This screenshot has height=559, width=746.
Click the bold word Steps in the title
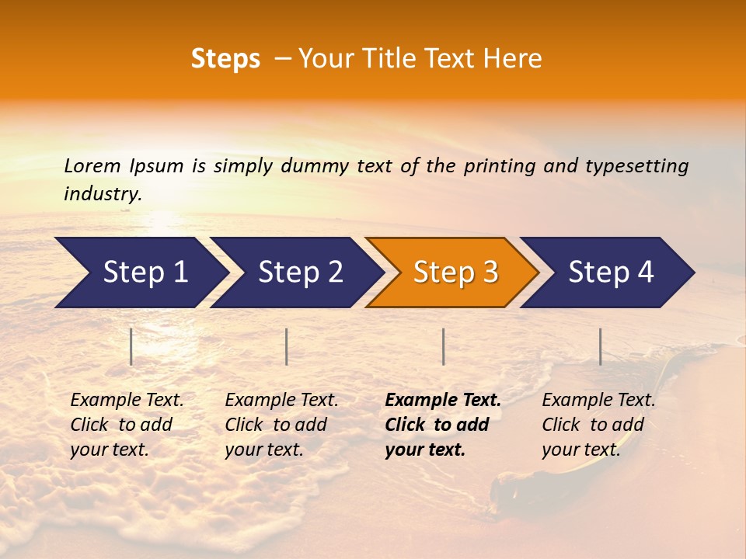pyautogui.click(x=225, y=59)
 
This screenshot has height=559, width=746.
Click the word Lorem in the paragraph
pyautogui.click(x=92, y=165)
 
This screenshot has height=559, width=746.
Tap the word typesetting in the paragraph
pyautogui.click(x=636, y=165)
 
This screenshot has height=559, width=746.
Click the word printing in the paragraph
pyautogui.click(x=498, y=165)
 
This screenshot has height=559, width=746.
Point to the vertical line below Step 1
pyautogui.click(x=131, y=346)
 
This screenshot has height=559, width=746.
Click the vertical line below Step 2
pyautogui.click(x=287, y=346)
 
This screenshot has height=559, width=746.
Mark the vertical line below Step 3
pyautogui.click(x=443, y=346)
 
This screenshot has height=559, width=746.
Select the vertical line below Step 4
pyautogui.click(x=601, y=346)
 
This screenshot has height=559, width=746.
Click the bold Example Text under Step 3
pyautogui.click(x=443, y=401)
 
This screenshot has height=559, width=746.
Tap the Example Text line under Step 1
pyautogui.click(x=127, y=401)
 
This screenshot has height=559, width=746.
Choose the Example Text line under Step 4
pyautogui.click(x=598, y=401)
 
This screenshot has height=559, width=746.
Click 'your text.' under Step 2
pyautogui.click(x=264, y=450)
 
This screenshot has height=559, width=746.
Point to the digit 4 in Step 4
pyautogui.click(x=645, y=273)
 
